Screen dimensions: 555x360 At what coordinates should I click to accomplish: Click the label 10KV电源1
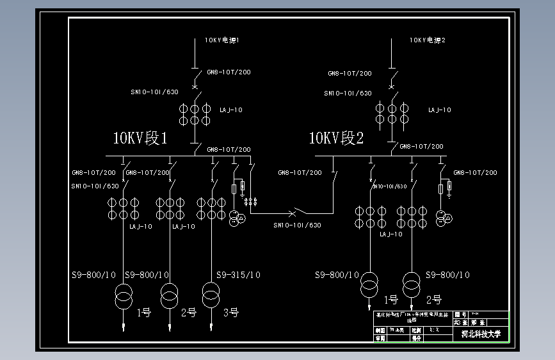tap(222, 40)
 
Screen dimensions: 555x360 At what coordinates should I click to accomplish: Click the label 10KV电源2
tap(428, 40)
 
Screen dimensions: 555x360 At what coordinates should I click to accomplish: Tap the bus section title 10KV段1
tap(140, 138)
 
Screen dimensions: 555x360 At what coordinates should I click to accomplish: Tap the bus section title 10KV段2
tap(336, 138)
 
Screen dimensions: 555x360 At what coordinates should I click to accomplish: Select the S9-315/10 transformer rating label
tap(238, 275)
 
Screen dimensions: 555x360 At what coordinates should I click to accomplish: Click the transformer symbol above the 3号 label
tap(211, 294)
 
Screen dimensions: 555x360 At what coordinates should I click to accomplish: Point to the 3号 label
tap(230, 313)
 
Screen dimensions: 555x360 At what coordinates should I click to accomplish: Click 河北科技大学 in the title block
tap(481, 334)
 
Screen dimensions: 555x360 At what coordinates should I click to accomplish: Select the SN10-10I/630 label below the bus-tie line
tap(297, 225)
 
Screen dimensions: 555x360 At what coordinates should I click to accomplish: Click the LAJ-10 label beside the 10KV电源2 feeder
tap(439, 110)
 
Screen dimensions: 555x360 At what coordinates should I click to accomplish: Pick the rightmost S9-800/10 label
tap(447, 275)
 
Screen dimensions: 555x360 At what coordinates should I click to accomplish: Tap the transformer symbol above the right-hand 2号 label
tap(412, 281)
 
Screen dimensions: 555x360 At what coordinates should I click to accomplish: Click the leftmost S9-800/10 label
tap(93, 275)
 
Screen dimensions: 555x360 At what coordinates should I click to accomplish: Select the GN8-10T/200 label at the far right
tap(475, 173)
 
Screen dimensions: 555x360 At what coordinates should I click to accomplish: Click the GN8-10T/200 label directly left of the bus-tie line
tap(300, 173)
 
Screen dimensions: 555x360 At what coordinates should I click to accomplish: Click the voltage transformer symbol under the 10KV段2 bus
tap(442, 218)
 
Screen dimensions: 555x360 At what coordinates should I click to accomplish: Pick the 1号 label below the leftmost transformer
tap(144, 313)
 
